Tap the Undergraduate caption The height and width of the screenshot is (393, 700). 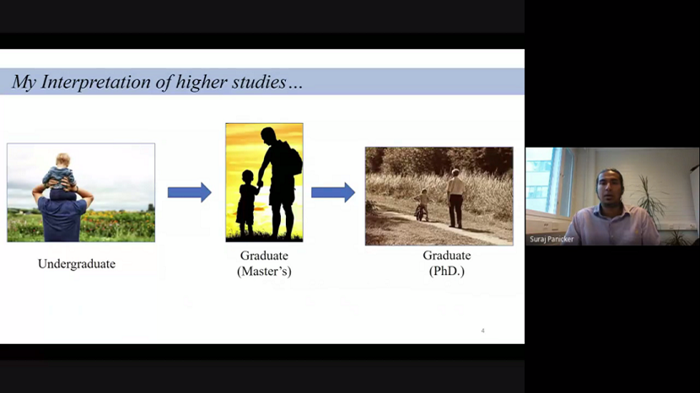pyautogui.click(x=77, y=264)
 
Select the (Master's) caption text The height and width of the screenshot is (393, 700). pyautogui.click(x=264, y=271)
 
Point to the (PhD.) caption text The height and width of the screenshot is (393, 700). pyautogui.click(x=447, y=271)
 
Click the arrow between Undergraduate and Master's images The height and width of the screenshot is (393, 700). pyautogui.click(x=189, y=192)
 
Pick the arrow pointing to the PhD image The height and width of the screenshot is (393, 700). pyautogui.click(x=333, y=192)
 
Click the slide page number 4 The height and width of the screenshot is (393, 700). pyautogui.click(x=482, y=331)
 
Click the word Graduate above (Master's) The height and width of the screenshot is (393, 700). pyautogui.click(x=264, y=256)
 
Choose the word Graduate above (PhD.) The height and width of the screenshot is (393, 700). pyautogui.click(x=447, y=256)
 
